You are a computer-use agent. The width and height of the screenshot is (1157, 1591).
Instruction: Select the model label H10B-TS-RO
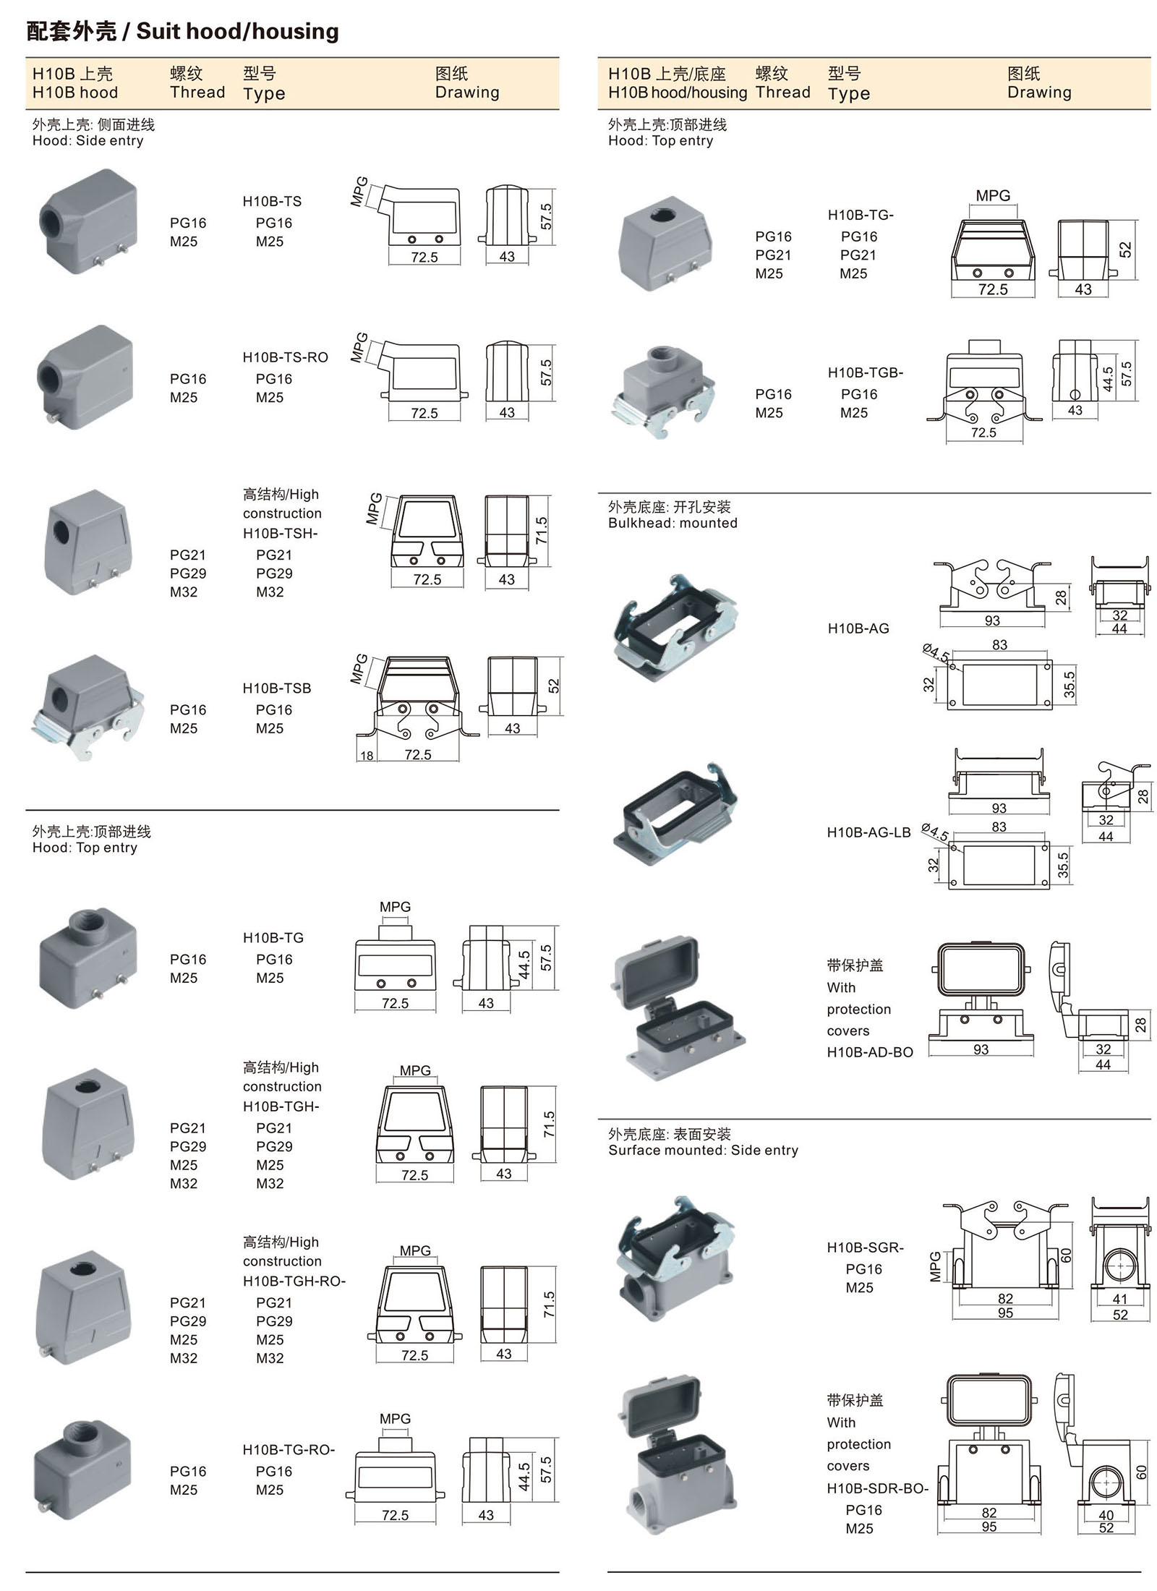coord(285,357)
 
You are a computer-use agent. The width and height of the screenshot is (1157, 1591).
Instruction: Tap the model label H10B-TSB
coord(276,688)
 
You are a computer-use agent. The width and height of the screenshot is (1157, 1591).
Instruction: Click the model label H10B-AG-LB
coord(868,832)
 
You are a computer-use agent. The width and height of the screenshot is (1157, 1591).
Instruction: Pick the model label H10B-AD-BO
coord(870,1052)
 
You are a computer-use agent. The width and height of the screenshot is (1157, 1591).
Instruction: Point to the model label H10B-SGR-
coord(865,1247)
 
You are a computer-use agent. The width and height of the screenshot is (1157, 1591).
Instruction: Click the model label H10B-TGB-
coord(865,372)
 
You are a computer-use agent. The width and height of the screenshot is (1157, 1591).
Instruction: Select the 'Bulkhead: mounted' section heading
coord(672,523)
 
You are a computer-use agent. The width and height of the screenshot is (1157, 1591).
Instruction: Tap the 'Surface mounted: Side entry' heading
coord(703,1151)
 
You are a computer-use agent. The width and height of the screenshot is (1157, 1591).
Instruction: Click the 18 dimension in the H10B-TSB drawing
coord(367,756)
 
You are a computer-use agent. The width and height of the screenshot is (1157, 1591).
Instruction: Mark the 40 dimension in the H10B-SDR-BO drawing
coord(1106,1515)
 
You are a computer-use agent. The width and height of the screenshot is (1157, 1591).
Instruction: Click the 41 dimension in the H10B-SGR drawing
coord(1119,1299)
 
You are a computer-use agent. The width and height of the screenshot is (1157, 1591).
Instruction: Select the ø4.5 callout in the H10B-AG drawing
coord(936,652)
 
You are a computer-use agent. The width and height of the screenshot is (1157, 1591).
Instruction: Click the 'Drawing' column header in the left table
coord(466,93)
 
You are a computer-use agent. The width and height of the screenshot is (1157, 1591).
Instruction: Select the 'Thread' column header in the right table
coord(782,93)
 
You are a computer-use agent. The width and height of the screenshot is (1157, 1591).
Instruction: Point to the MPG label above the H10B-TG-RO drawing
coord(395,1419)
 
